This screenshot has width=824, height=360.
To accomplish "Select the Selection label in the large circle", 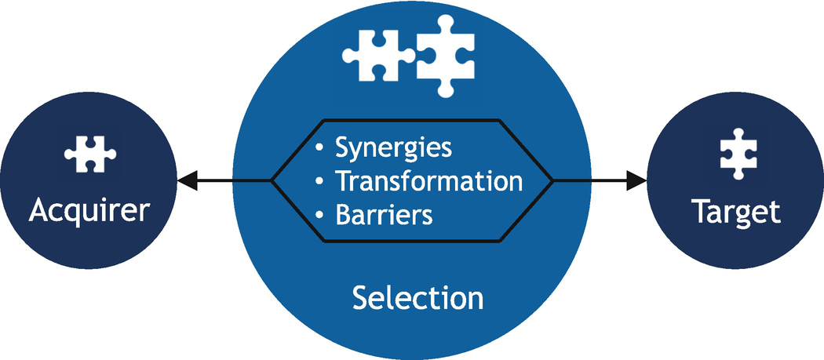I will coord(417,298).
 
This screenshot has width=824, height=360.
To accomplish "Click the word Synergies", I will coord(393,147).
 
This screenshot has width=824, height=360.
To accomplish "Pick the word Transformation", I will coord(428,180).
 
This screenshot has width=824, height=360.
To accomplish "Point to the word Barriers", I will coord(384,214).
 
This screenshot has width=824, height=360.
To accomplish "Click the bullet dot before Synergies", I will coord(319,147).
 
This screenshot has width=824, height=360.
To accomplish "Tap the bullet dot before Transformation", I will coord(319,181).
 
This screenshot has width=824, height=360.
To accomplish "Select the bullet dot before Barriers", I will coord(319,215).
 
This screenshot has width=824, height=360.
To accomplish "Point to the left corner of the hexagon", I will coord(272,181).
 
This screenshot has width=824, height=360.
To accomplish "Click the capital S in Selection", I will coord(360,298).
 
